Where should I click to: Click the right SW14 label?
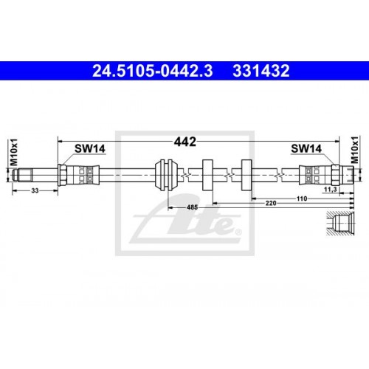click(x=306, y=148)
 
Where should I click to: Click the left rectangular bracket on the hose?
click(x=207, y=175)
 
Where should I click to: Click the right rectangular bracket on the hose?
click(x=246, y=175)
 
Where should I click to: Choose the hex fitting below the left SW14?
click(x=64, y=175)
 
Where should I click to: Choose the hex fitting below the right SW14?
click(x=331, y=175)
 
